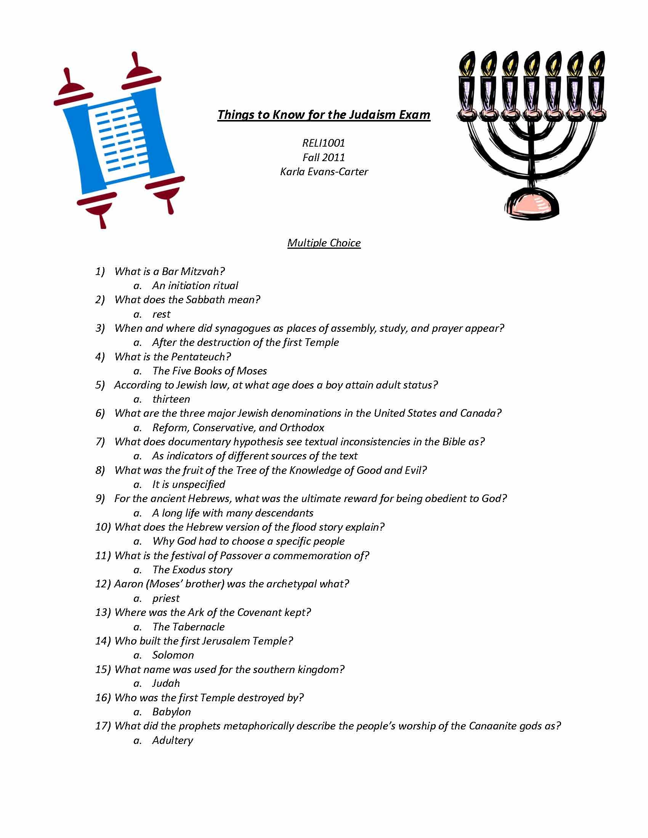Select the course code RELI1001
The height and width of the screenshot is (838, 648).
tap(324, 143)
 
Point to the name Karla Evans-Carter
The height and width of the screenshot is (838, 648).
tap(324, 171)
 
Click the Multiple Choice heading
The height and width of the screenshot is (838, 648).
tap(324, 243)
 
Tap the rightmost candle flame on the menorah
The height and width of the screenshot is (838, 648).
tap(597, 63)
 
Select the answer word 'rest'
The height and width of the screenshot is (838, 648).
tap(161, 314)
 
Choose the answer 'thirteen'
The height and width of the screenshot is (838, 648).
tap(171, 400)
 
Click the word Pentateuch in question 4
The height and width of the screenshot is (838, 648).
tap(200, 357)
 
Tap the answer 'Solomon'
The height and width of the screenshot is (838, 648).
tap(173, 655)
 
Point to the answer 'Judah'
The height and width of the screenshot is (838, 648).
tap(166, 683)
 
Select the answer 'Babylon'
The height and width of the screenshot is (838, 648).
tap(172, 712)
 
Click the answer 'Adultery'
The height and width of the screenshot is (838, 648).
tap(172, 740)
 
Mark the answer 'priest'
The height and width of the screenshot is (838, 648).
tap(166, 598)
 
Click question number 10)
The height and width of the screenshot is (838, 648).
tap(103, 527)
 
